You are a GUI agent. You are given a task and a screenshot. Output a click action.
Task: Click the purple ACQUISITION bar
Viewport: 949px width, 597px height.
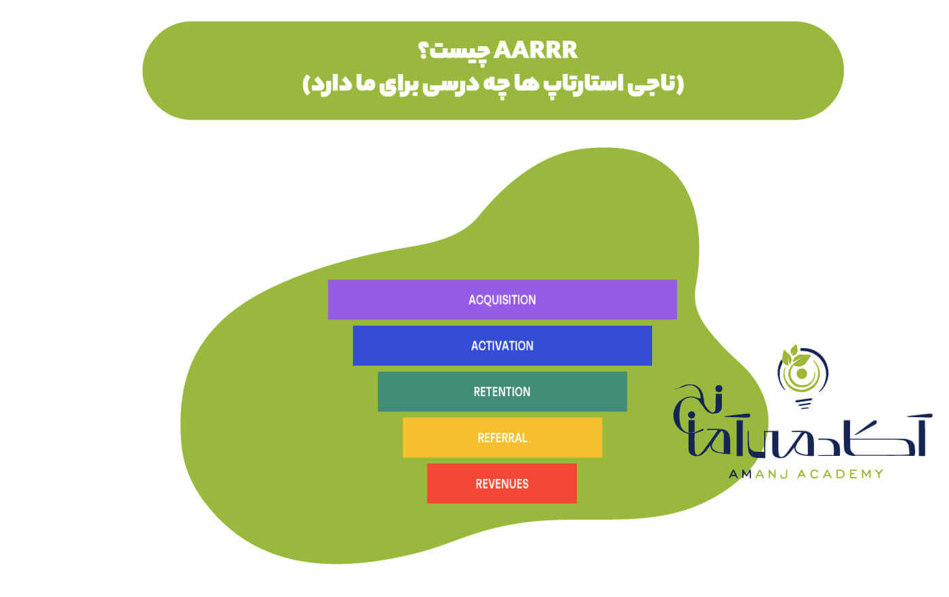[502, 299]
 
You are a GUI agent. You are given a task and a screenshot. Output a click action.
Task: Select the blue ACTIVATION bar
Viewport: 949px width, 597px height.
[502, 345]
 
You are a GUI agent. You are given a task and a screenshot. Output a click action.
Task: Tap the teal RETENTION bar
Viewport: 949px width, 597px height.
[502, 391]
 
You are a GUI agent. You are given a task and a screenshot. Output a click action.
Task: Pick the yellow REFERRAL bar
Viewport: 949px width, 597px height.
[502, 438]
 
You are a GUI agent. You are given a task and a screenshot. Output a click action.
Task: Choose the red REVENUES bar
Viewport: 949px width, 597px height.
[502, 483]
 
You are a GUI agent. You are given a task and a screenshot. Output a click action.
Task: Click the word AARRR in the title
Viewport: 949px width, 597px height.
[536, 50]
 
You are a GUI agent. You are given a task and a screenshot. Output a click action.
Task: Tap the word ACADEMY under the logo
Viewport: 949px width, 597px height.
[841, 474]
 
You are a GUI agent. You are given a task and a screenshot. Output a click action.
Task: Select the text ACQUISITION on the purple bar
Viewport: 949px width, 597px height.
[502, 300]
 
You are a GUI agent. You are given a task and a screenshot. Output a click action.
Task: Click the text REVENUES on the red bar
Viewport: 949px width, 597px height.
[502, 484]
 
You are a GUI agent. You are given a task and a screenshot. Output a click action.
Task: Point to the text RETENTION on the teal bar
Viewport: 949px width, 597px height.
[502, 392]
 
